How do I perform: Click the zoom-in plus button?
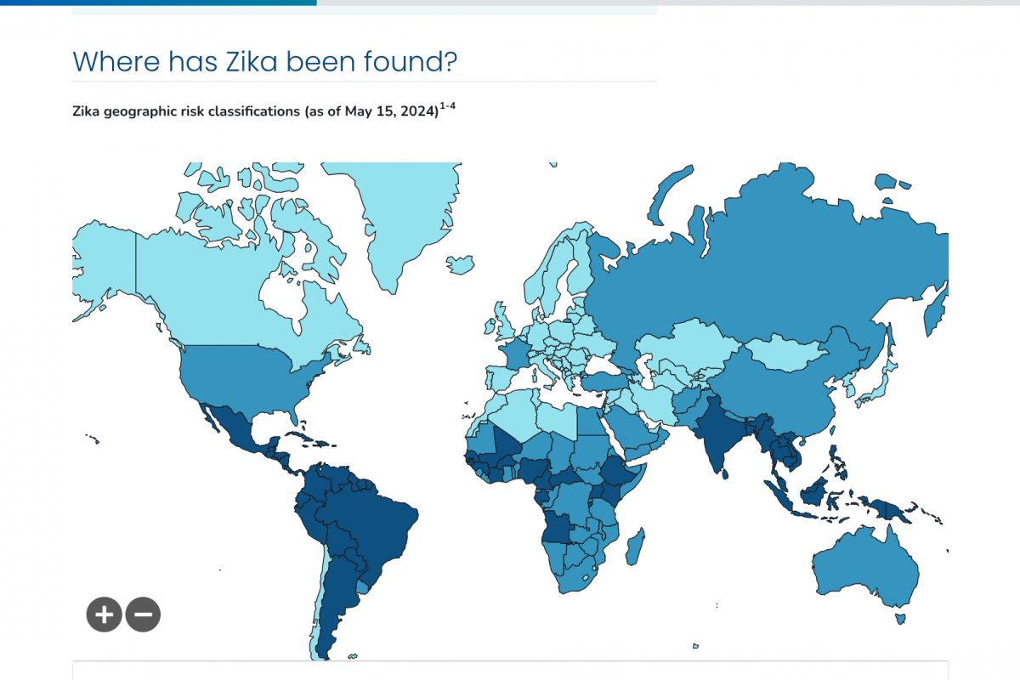pyautogui.click(x=104, y=614)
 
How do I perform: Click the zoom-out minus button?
pyautogui.click(x=143, y=614)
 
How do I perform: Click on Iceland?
pyautogui.click(x=461, y=264)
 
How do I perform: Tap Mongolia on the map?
pyautogui.click(x=786, y=349)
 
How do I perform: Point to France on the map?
pyautogui.click(x=512, y=353)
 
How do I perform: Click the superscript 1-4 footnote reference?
pyautogui.click(x=449, y=105)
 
